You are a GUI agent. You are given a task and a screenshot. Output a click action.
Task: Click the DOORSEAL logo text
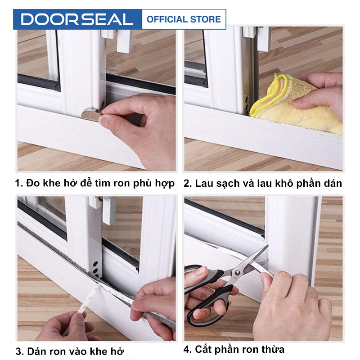click(x=77, y=19)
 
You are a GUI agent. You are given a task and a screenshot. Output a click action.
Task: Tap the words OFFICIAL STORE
click(x=184, y=19)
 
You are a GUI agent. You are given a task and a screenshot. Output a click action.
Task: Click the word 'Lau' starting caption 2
click(x=203, y=183)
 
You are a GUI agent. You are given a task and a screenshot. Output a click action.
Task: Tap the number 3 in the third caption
click(x=19, y=351)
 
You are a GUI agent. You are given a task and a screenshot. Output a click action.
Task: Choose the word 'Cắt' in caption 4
click(x=203, y=349)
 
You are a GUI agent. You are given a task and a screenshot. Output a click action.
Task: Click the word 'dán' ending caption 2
click(x=333, y=183)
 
